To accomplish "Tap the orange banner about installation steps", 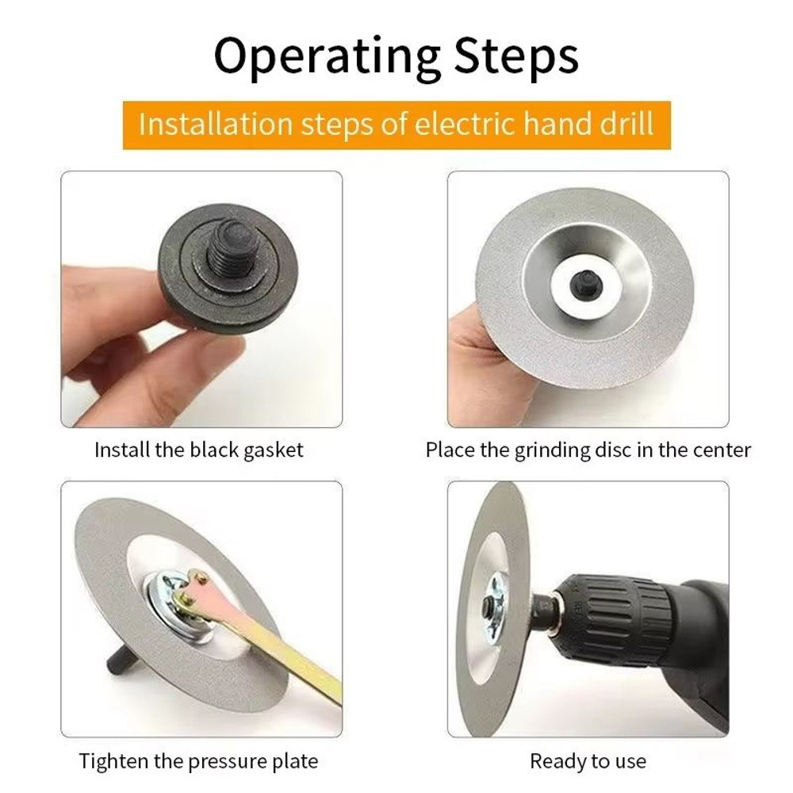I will [x=396, y=125].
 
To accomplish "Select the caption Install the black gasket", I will [x=198, y=450].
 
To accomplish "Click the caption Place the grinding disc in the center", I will [x=588, y=450].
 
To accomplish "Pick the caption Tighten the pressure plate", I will [x=198, y=761].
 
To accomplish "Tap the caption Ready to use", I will [x=588, y=761].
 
